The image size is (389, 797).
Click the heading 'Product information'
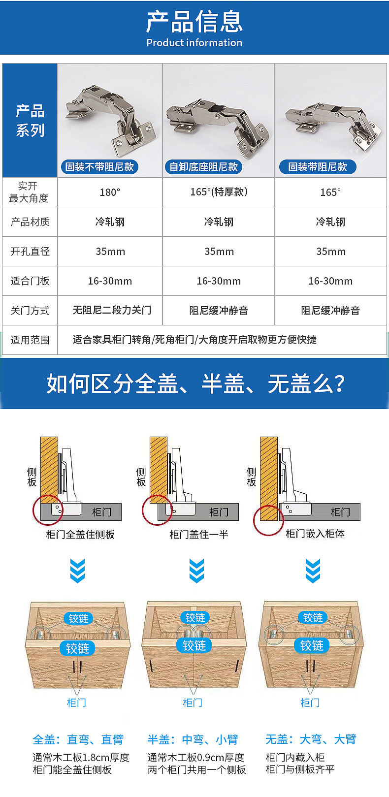click(x=194, y=43)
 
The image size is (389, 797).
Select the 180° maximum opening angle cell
click(x=110, y=192)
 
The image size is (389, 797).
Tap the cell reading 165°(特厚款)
click(x=219, y=192)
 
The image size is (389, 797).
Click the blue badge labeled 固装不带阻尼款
click(x=99, y=167)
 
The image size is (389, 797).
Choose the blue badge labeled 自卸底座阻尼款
click(x=204, y=167)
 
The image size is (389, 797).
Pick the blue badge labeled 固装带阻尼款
click(x=318, y=167)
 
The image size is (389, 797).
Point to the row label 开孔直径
click(x=30, y=252)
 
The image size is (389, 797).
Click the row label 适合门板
click(x=30, y=281)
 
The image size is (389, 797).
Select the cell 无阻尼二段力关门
click(x=112, y=310)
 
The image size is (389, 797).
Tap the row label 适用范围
click(x=30, y=340)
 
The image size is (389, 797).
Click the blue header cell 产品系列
click(x=30, y=121)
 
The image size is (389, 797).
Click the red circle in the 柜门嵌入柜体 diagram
click(x=268, y=520)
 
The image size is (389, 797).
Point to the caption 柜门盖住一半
click(x=199, y=535)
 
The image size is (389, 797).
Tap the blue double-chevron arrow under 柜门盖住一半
click(x=196, y=571)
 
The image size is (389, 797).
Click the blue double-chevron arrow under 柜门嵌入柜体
click(x=313, y=571)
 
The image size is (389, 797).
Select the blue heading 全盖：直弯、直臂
click(x=78, y=739)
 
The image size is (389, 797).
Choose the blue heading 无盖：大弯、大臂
click(x=310, y=739)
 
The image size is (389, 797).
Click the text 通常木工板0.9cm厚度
click(x=196, y=758)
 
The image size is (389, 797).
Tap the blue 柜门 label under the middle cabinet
click(x=193, y=702)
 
